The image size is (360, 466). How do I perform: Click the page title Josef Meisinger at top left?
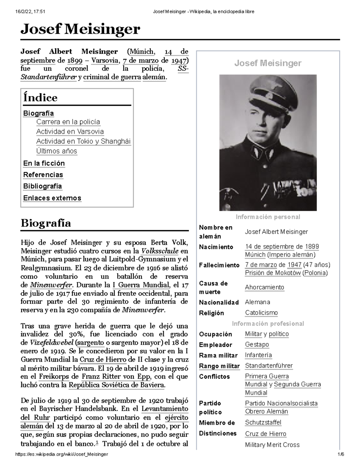[x=80, y=29]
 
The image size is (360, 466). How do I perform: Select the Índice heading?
[x=40, y=98]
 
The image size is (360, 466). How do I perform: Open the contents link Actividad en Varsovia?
[x=70, y=132]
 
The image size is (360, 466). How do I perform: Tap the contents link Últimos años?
[x=57, y=151]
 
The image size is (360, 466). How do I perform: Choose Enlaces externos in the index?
[x=52, y=198]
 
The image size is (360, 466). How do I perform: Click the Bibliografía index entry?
[x=43, y=186]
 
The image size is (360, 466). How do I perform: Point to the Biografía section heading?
[x=46, y=223]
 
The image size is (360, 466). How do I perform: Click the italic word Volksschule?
[x=160, y=251]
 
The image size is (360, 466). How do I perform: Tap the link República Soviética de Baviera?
[x=117, y=385]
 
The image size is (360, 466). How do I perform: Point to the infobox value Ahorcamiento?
[x=264, y=287]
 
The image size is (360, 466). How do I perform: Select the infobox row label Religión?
[x=211, y=313]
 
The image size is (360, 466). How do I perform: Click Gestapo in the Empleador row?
[x=257, y=344]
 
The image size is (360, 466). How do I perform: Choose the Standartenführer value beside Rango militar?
[x=269, y=365]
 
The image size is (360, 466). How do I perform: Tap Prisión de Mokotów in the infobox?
[x=273, y=273]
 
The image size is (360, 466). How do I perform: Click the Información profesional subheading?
[x=268, y=323]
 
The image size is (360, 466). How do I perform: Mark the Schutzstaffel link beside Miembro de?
[x=263, y=422]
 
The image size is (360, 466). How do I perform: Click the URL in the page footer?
[x=61, y=454]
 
